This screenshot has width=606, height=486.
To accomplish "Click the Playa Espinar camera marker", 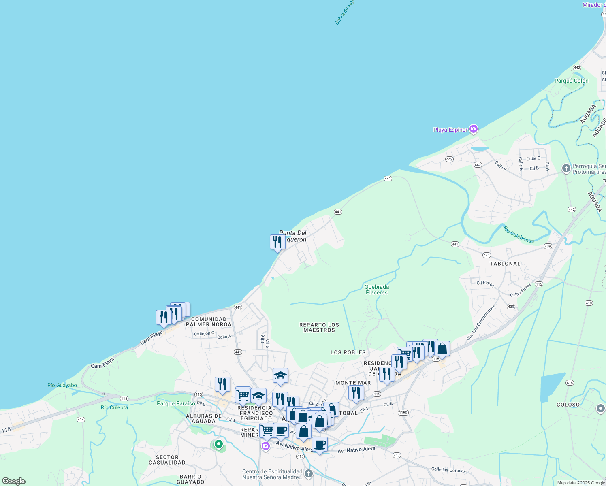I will point(474,129).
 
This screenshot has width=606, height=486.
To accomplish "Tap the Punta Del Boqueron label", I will point(293,236).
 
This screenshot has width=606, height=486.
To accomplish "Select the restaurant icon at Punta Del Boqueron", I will point(277,242).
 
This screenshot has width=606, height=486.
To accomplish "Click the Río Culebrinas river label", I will point(519,234).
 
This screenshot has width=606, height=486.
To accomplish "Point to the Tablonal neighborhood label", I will point(505,264).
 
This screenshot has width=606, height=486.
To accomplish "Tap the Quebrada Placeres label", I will point(376,290).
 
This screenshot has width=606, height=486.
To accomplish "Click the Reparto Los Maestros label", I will point(319,327).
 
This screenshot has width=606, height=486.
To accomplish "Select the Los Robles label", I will point(348,352).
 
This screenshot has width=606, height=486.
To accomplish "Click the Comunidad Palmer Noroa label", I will point(209,322).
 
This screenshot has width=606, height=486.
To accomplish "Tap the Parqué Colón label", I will point(571,81).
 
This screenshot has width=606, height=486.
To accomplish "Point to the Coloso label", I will point(568,405).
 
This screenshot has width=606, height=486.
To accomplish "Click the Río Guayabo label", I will point(62,385).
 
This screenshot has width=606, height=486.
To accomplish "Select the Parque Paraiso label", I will point(176,403).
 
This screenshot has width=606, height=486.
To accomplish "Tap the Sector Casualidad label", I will point(167,460).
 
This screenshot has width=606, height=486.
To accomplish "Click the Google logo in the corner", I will point(13,481).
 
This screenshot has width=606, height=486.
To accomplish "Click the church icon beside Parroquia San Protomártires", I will point(566,168).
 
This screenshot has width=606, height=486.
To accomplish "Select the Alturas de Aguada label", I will point(203,418).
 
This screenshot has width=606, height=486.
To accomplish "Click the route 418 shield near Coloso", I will point(570,383).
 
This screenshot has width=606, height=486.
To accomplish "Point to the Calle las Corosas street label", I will point(448,470).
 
